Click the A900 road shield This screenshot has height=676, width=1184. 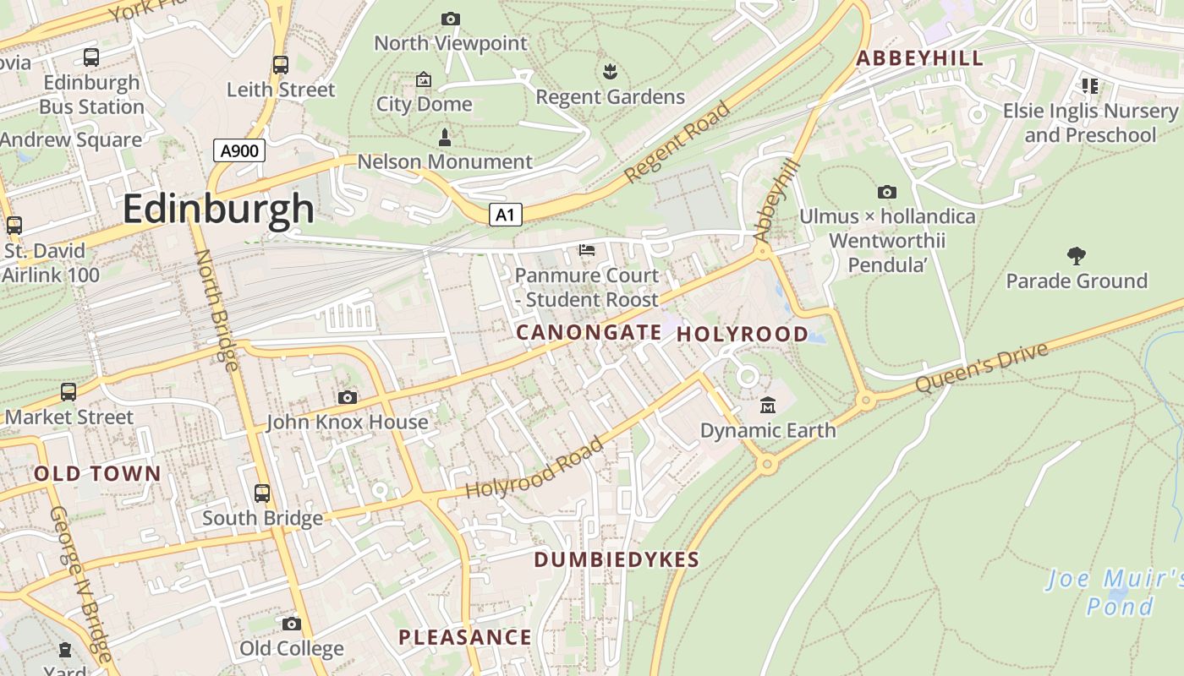click(x=239, y=151)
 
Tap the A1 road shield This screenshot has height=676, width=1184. click(x=505, y=215)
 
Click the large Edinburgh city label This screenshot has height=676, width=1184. click(x=218, y=209)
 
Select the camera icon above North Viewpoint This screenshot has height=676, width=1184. click(x=451, y=19)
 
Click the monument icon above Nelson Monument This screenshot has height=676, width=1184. click(x=445, y=137)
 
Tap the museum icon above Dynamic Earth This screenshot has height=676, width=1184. click(x=767, y=406)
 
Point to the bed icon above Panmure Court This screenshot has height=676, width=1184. click(x=586, y=250)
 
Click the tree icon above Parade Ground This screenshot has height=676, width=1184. click(x=1076, y=255)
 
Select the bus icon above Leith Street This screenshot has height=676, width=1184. click(x=281, y=65)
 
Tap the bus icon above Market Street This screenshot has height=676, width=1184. click(x=69, y=392)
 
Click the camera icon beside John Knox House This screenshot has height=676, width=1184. click(x=347, y=397)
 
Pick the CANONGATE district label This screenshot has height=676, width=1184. click(x=589, y=333)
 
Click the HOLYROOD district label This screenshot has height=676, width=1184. click(x=743, y=334)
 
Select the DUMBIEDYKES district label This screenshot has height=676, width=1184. click(x=617, y=559)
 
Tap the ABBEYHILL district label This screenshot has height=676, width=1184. click(x=919, y=58)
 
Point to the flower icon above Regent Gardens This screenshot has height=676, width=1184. click(x=610, y=72)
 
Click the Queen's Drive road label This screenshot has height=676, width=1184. click(x=982, y=367)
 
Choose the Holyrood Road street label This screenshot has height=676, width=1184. click(x=534, y=467)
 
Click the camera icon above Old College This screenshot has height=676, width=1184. click(x=292, y=624)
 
